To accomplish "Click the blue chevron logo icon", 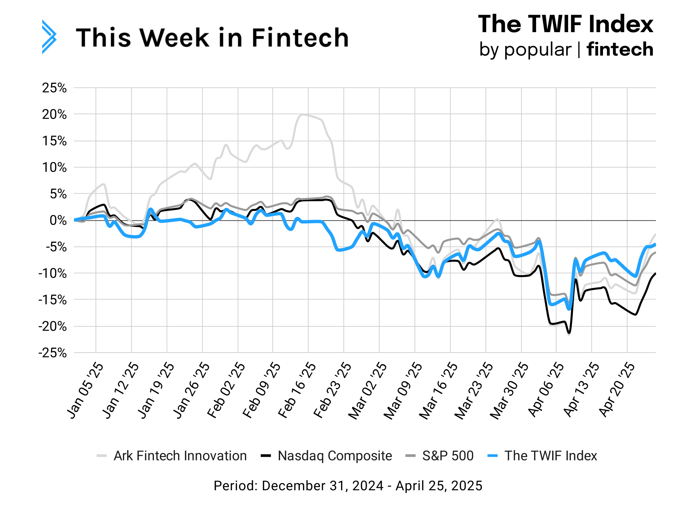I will click(49, 37).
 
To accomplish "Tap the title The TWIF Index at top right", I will click(565, 24).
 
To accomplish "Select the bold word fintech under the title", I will click(620, 50).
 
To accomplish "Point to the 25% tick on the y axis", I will click(54, 88).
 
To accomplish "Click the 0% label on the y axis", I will click(58, 220).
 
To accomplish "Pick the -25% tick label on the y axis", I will click(53, 353).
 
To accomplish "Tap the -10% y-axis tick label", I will click(53, 273).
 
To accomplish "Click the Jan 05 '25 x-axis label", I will click(85, 390).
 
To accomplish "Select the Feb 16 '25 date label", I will click(297, 390).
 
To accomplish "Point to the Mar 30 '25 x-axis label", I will click(509, 390).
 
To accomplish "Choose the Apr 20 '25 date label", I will click(616, 390).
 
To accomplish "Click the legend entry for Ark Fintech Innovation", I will click(180, 456).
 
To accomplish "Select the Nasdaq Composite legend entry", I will click(335, 456).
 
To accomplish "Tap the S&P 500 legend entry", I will click(448, 456).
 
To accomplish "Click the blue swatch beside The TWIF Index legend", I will click(493, 456).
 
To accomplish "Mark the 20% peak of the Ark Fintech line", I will click(302, 115).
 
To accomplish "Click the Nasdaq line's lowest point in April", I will click(569, 333).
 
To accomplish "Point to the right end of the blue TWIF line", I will click(655, 244).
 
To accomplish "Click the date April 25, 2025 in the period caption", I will click(439, 486).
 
